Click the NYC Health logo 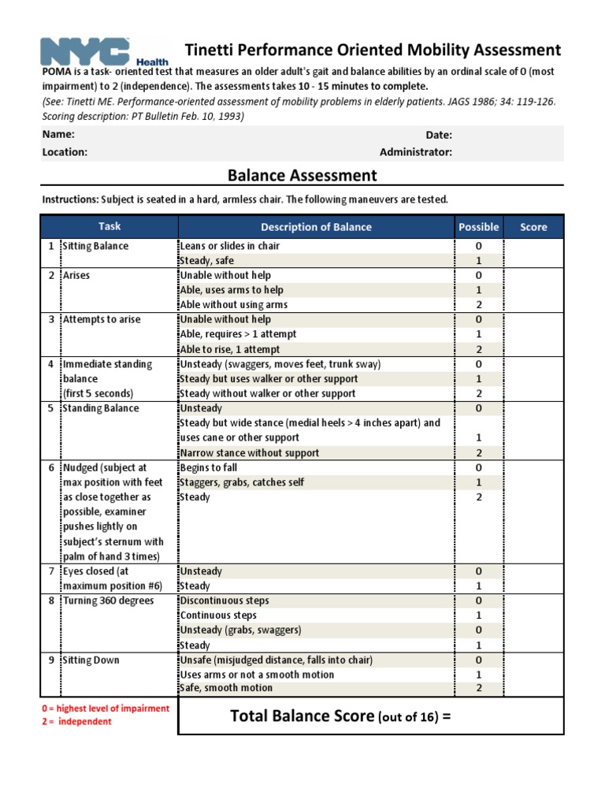tap(103, 52)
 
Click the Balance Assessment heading tap(302, 175)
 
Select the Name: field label tap(58, 135)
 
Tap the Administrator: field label tap(415, 152)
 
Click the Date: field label tap(439, 135)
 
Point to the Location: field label tap(65, 152)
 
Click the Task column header tap(109, 227)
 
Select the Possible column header tap(478, 227)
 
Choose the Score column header tap(533, 227)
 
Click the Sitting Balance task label tap(95, 246)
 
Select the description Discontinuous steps tap(224, 601)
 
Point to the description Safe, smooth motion tap(226, 688)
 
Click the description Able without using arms tap(233, 305)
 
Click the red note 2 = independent tap(76, 722)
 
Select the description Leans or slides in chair tap(229, 246)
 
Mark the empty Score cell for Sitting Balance tap(533, 253)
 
